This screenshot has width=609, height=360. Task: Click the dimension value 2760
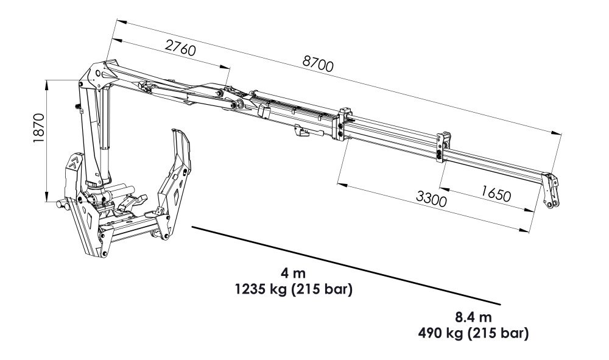point(180,47)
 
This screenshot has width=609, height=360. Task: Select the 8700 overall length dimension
point(318,64)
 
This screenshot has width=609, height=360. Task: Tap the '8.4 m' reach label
point(473,317)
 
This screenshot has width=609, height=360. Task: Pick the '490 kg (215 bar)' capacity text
point(473,333)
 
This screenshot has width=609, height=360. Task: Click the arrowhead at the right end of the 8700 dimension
point(558,132)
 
